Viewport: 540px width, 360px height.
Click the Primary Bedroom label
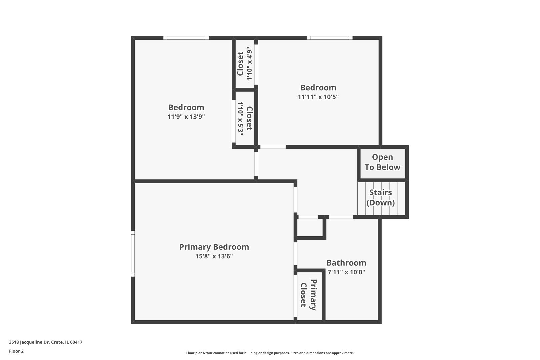(x=214, y=247)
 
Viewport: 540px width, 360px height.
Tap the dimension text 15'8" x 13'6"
(x=214, y=256)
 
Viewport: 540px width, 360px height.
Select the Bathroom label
(x=346, y=263)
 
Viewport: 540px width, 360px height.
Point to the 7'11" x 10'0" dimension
(x=346, y=272)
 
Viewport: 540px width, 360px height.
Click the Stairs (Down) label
(x=380, y=197)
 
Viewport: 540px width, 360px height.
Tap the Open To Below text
(x=382, y=162)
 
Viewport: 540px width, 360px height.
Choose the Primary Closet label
(x=308, y=295)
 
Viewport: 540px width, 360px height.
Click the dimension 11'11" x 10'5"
(x=318, y=97)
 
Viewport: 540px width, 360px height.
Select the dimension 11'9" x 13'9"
(x=186, y=117)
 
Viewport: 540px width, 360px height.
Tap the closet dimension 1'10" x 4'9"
(x=249, y=64)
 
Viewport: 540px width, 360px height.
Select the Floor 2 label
(x=16, y=351)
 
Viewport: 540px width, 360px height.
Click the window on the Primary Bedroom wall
(x=133, y=254)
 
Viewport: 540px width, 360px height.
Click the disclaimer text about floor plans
(x=270, y=353)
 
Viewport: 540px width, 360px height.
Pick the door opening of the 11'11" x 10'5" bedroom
(x=273, y=147)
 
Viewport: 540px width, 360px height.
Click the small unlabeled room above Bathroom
(x=310, y=227)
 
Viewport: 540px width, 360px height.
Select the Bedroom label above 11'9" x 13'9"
(x=186, y=107)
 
